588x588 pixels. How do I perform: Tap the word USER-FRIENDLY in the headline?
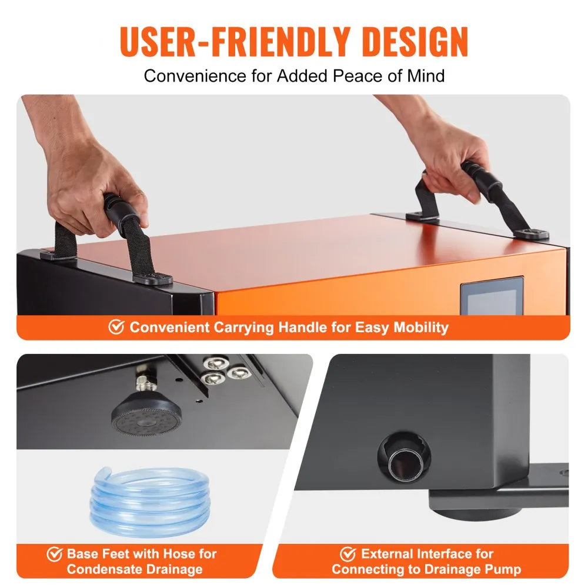click(x=235, y=41)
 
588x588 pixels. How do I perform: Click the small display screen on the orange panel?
click(x=492, y=296)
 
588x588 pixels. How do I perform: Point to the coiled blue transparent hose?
click(x=149, y=499)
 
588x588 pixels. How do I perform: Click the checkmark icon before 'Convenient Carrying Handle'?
click(x=116, y=326)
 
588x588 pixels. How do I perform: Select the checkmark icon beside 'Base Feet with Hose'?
click(x=55, y=554)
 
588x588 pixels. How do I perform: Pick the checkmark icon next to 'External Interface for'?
click(x=348, y=554)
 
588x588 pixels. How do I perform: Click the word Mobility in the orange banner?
click(x=421, y=328)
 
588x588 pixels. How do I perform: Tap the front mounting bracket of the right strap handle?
click(x=531, y=235)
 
